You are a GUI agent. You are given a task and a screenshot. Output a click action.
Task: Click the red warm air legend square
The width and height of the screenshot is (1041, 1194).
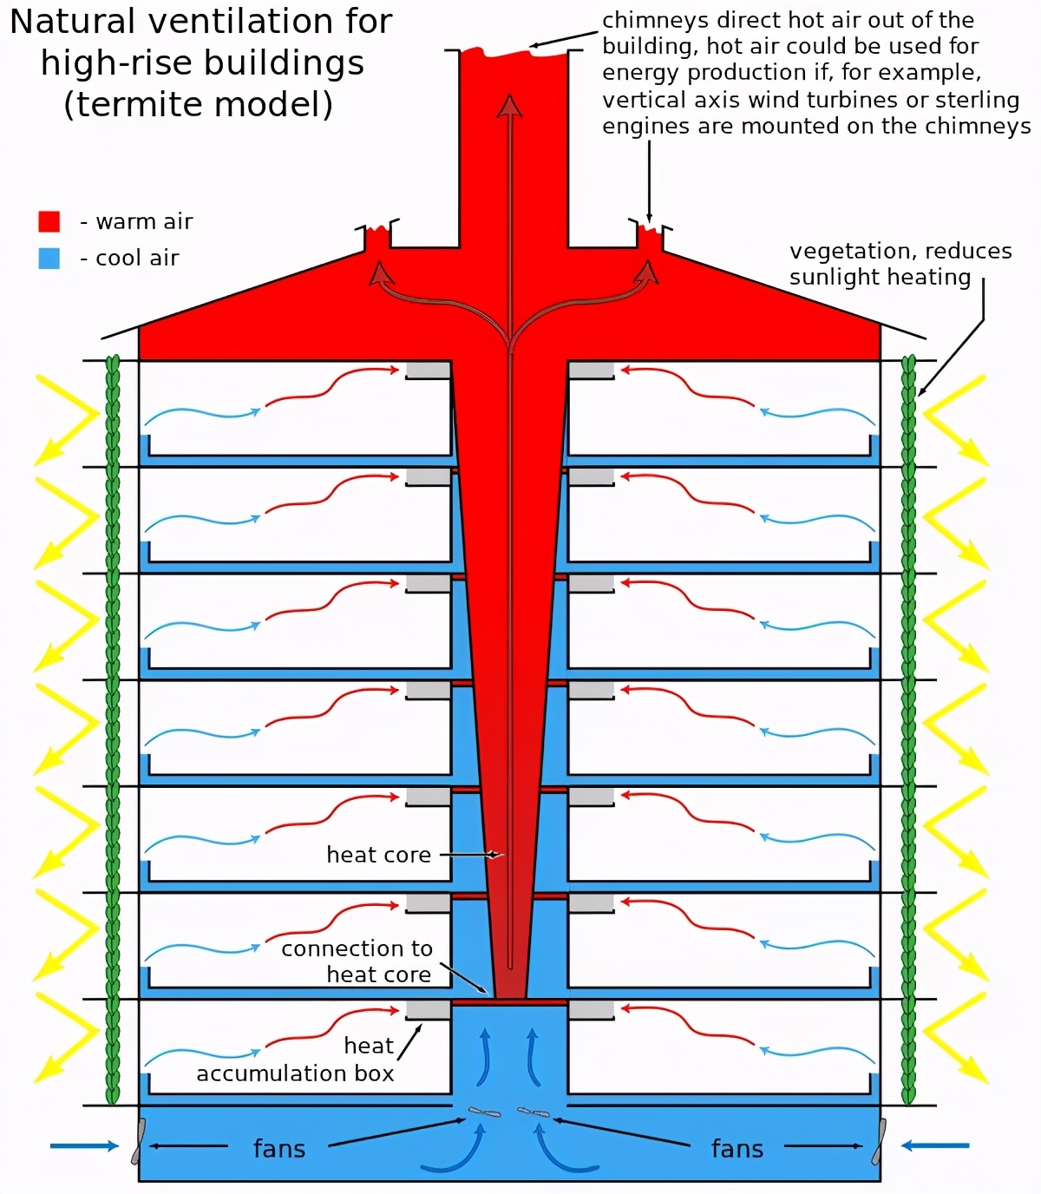pyautogui.click(x=49, y=221)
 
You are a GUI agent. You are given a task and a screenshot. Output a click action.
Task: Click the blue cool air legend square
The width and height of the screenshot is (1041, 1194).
pyautogui.click(x=49, y=258)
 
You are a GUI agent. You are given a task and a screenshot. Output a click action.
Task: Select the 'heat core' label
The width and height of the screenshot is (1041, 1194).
pyautogui.click(x=378, y=855)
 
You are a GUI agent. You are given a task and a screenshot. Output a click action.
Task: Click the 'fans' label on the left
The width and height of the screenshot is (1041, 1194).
pyautogui.click(x=279, y=1149)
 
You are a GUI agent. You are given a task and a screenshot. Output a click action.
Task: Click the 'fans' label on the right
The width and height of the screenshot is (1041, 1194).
pyautogui.click(x=737, y=1149)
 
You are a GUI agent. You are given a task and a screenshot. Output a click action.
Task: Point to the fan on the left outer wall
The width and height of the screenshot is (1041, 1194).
pyautogui.click(x=138, y=1141)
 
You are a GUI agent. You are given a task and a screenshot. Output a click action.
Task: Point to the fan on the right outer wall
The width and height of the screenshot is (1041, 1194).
pyautogui.click(x=880, y=1141)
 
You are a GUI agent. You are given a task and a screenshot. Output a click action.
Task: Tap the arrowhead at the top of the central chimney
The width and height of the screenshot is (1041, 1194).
pyautogui.click(x=509, y=106)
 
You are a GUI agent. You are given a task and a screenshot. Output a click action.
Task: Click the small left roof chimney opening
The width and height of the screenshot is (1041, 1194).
pyautogui.click(x=376, y=236)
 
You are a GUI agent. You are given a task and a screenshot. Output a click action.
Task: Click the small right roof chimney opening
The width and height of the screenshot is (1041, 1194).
pyautogui.click(x=650, y=236)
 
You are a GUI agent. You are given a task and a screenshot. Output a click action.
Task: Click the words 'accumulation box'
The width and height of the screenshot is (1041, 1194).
pyautogui.click(x=295, y=1073)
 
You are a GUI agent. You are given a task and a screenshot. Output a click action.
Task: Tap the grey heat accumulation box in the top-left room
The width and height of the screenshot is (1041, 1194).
pyautogui.click(x=428, y=371)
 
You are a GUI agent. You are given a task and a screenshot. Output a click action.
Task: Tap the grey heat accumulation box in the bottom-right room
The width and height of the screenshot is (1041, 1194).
pyautogui.click(x=591, y=1009)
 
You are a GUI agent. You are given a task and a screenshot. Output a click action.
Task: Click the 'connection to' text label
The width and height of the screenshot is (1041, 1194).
pyautogui.click(x=357, y=948)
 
